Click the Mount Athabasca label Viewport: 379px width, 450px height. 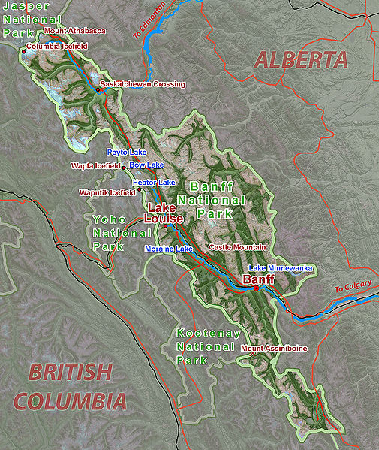point(75,31)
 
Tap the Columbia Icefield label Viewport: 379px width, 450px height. point(57,47)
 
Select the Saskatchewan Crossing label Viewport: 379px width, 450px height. point(143,84)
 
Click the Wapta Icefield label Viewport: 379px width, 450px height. point(95,165)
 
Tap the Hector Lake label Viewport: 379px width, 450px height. point(154,183)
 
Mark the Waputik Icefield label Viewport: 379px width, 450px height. point(107,192)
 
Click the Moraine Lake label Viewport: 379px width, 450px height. point(169,249)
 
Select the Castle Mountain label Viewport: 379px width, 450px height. point(237,247)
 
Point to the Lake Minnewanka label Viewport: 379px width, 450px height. point(279,268)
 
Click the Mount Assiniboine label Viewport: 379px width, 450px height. point(274,349)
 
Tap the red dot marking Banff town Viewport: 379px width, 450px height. point(256,288)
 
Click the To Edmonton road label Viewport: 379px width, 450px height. point(150,23)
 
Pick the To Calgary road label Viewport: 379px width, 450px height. point(352,288)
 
